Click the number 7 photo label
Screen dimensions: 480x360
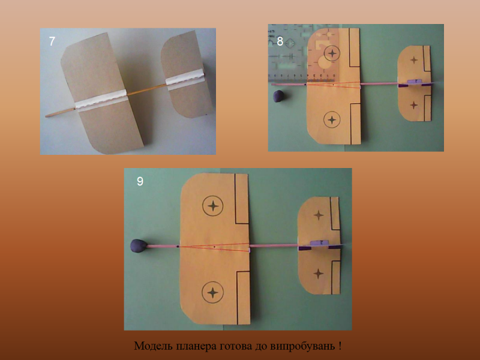click(x=52, y=41)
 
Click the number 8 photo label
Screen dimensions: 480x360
click(x=280, y=41)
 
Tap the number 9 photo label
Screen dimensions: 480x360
click(x=140, y=181)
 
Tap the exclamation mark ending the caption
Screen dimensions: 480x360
click(x=340, y=346)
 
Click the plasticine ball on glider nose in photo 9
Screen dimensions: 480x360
click(x=139, y=246)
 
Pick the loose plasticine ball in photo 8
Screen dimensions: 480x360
click(x=278, y=96)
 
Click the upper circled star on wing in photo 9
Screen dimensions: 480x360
click(x=213, y=206)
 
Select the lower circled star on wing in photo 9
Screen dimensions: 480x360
click(x=212, y=292)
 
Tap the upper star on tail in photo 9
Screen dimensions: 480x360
click(x=319, y=215)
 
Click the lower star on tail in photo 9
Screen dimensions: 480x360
click(x=318, y=274)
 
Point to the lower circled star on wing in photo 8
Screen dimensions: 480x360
click(x=332, y=119)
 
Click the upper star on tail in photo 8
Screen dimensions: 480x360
click(x=414, y=59)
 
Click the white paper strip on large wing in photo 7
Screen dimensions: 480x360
click(x=101, y=100)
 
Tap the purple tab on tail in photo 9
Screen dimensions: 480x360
click(x=319, y=243)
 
